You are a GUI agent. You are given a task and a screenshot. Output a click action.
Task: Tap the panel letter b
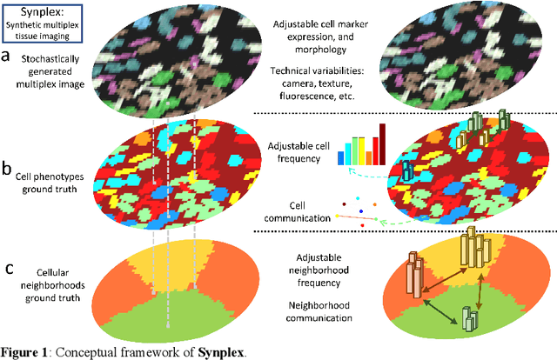click(x=8, y=169)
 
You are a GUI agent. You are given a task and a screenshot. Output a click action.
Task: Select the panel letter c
click(x=7, y=265)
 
